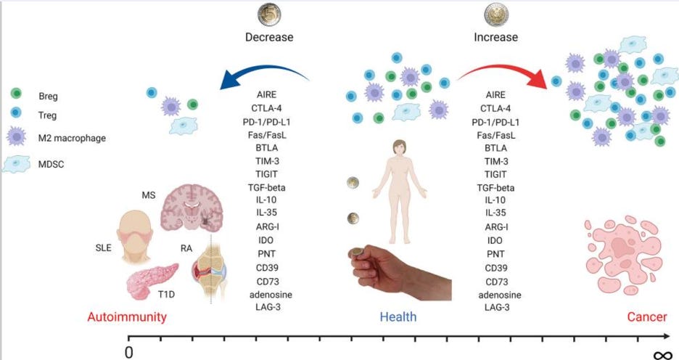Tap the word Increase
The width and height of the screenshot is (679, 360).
[496, 37]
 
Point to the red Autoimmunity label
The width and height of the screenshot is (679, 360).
[127, 317]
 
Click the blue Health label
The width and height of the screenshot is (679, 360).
[399, 317]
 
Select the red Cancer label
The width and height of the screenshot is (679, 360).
[647, 317]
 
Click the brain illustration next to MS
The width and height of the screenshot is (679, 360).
[191, 210]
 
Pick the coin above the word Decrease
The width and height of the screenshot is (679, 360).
[269, 14]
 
